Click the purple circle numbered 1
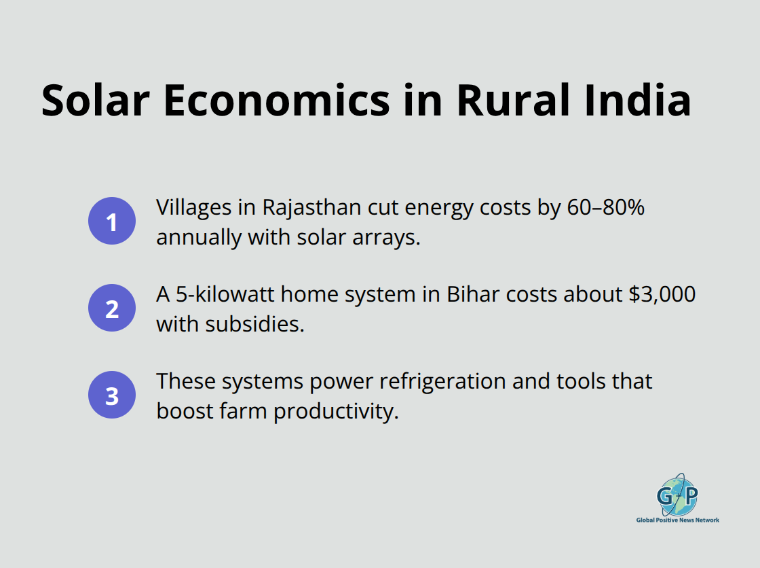(112, 221)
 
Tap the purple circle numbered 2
(112, 308)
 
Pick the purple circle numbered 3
(112, 395)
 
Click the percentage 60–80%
(605, 208)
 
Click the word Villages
(193, 208)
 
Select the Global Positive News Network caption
(677, 520)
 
